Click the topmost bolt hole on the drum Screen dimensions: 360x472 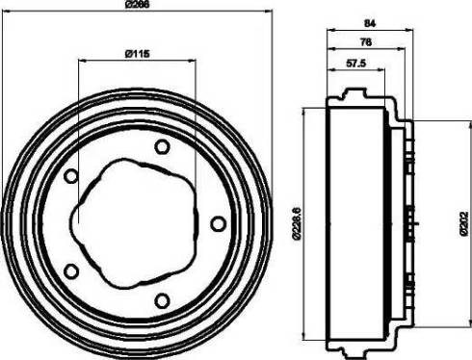coord(162,146)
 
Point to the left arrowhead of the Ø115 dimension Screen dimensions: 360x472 coord(79,59)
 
